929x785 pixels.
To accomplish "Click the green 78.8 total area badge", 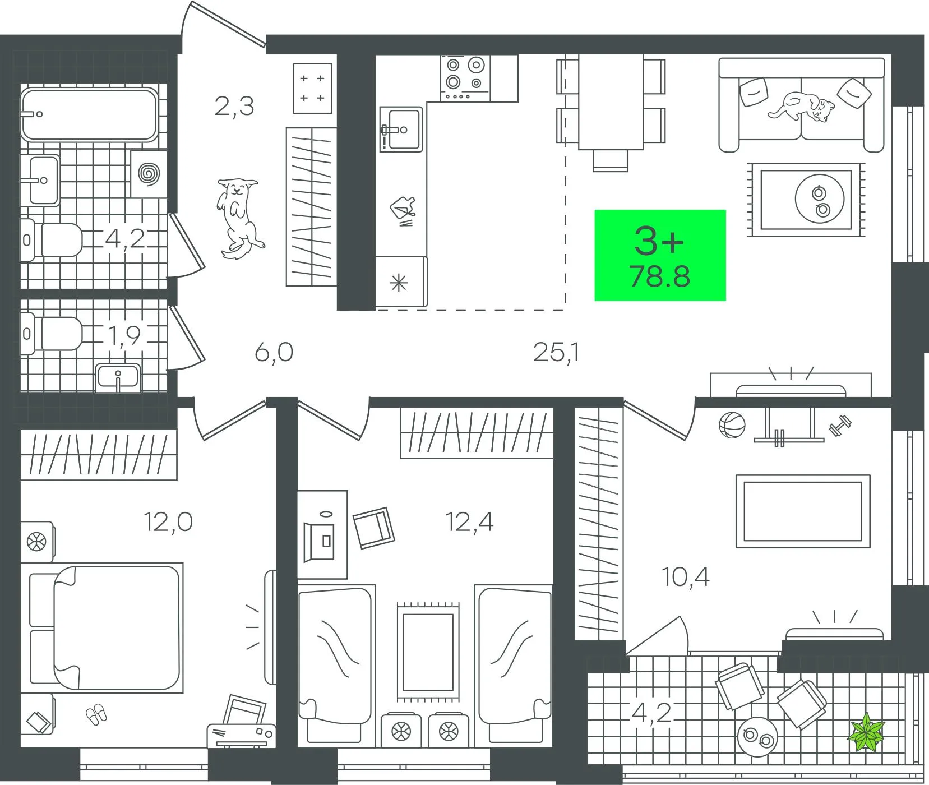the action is click(x=660, y=255).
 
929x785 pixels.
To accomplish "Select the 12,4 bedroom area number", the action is click(x=469, y=522).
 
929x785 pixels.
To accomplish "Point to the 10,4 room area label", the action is click(x=686, y=576).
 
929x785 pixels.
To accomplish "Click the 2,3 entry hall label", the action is click(x=234, y=105).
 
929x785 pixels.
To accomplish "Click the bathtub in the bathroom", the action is click(x=89, y=115).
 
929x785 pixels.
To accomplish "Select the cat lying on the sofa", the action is click(x=802, y=107).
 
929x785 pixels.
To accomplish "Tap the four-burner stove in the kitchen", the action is click(x=465, y=78).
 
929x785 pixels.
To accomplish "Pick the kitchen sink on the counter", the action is click(x=401, y=130).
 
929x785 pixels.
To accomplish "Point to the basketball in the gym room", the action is click(x=732, y=424).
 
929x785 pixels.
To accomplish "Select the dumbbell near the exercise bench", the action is click(x=840, y=424).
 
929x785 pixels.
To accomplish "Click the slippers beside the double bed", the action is click(x=96, y=713).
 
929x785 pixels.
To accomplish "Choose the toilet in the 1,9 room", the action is click(x=51, y=334).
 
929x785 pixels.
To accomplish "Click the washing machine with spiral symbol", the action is click(x=149, y=174).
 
